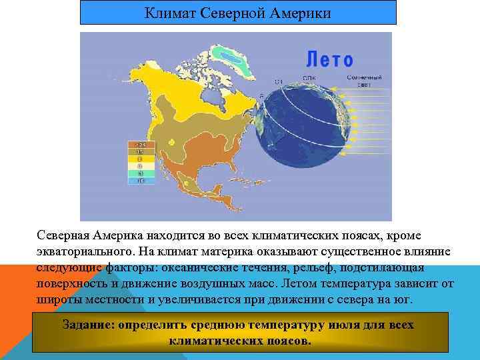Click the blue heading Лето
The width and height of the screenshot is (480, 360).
tap(330, 60)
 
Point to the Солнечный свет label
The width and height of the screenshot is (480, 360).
tap(363, 81)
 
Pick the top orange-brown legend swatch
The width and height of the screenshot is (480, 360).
tap(141, 144)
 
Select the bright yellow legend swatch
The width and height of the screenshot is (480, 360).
tap(141, 159)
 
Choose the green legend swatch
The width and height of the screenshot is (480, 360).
tap(141, 173)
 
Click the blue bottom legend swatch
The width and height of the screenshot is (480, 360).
tap(141, 181)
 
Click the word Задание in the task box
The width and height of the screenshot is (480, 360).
tap(87, 325)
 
